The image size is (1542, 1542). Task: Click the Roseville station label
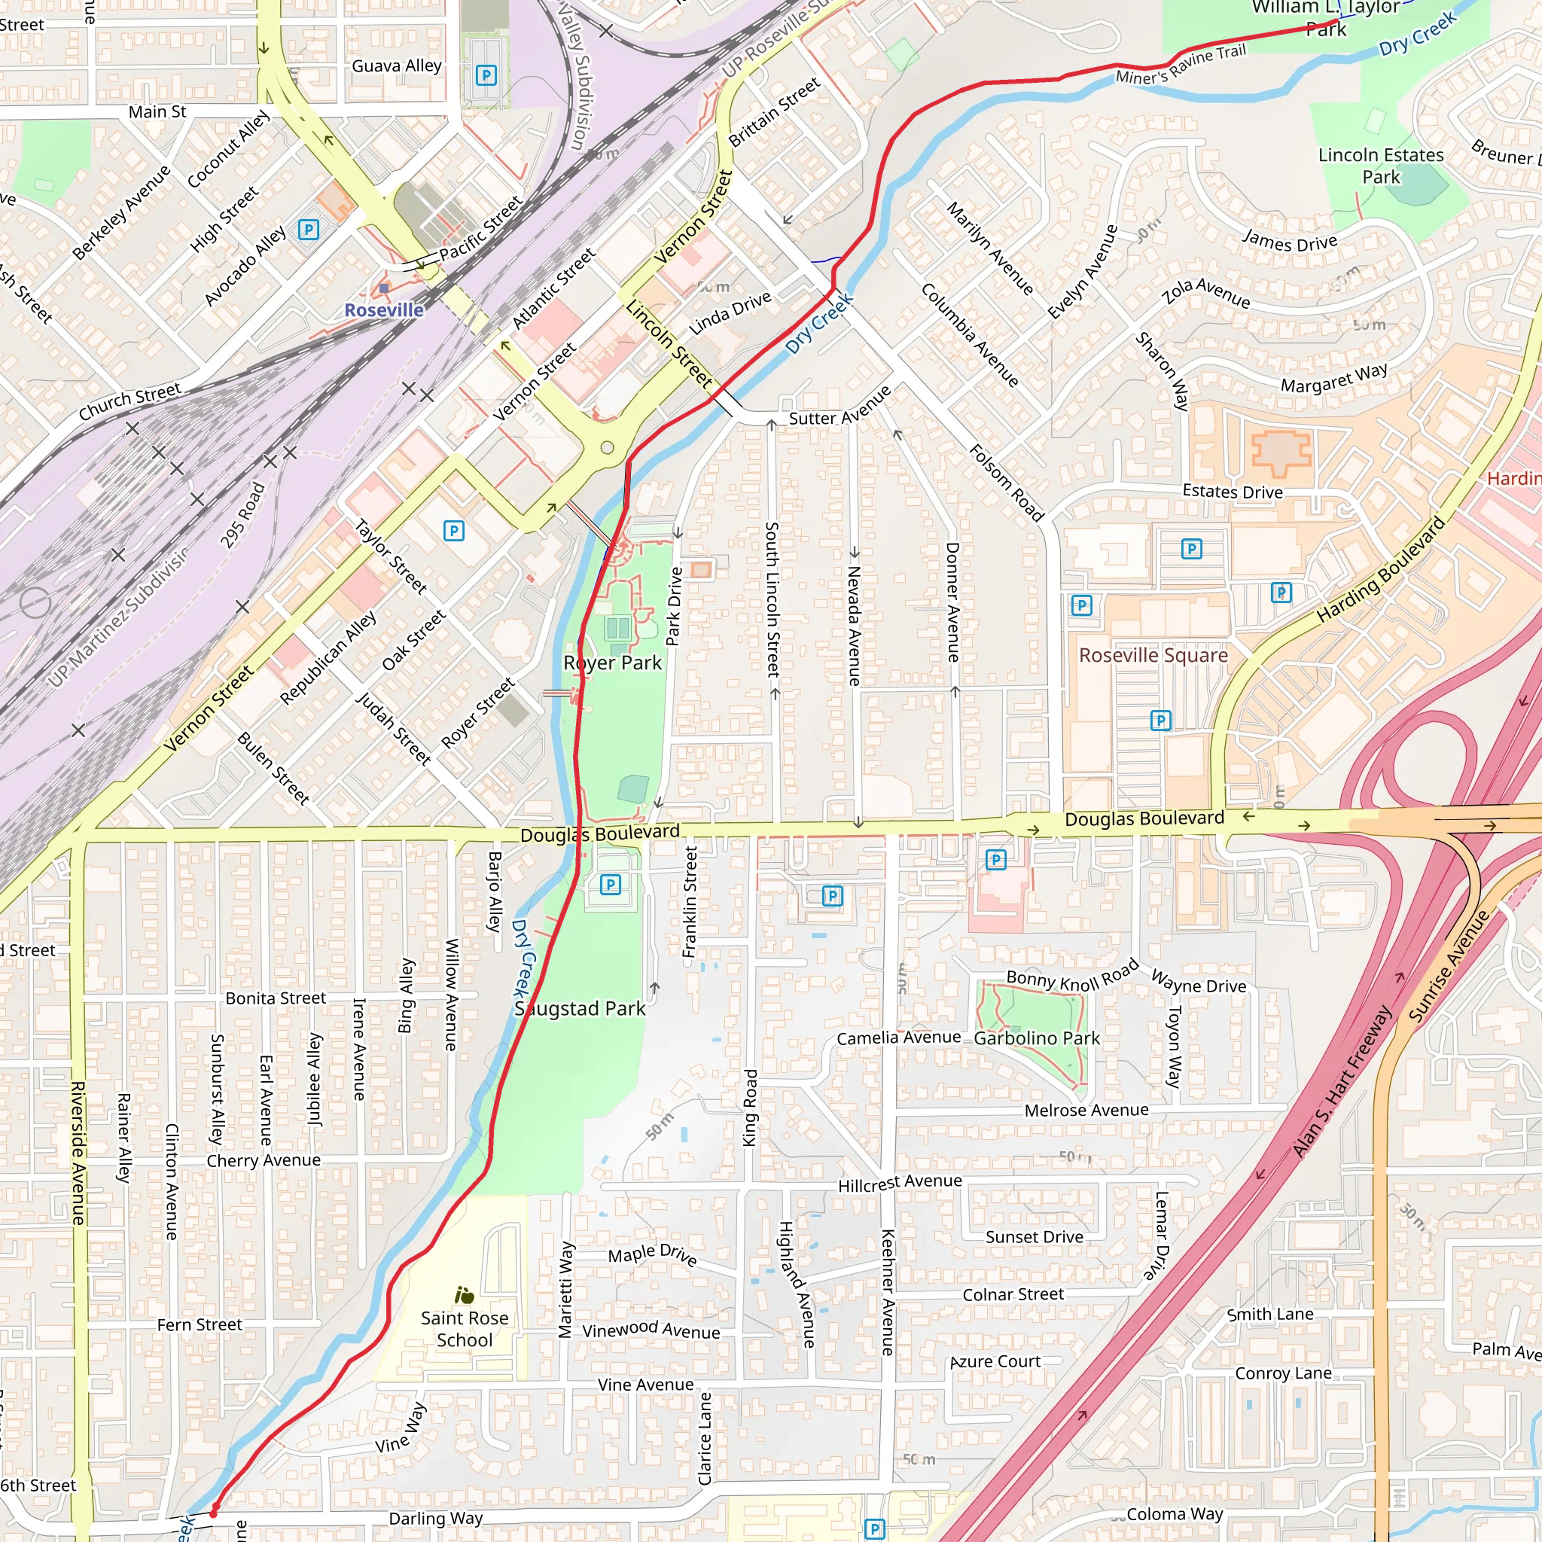point(384,309)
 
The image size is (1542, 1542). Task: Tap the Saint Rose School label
point(465,1329)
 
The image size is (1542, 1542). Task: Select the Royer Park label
point(612,663)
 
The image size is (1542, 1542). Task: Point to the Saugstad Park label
point(581,1009)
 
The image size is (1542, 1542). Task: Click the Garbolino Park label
point(1037,1038)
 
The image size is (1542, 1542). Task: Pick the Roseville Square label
point(1153,655)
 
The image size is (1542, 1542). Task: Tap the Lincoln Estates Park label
point(1381,166)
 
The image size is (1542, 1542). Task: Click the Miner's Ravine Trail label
point(1181,65)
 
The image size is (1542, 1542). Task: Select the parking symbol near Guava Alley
point(486,76)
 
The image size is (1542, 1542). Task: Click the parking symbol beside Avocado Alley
point(308,230)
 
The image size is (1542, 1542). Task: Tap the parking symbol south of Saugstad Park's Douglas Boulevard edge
point(611,885)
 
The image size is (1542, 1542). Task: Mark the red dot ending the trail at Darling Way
point(214,1512)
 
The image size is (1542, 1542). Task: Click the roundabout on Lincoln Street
point(607,448)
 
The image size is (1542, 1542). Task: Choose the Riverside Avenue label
point(78,1153)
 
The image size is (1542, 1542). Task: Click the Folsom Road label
point(1007,483)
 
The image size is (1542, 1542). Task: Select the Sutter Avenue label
point(840,407)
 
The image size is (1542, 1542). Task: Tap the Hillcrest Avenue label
point(900,1183)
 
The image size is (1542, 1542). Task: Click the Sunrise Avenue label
point(1448,966)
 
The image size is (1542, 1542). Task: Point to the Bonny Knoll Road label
point(1072,976)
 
